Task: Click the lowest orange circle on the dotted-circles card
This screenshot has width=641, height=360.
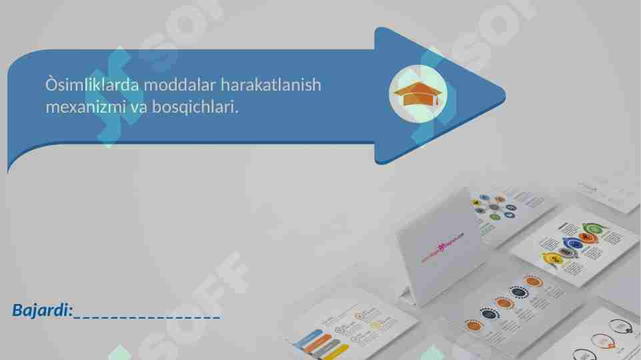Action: (x=474, y=325)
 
